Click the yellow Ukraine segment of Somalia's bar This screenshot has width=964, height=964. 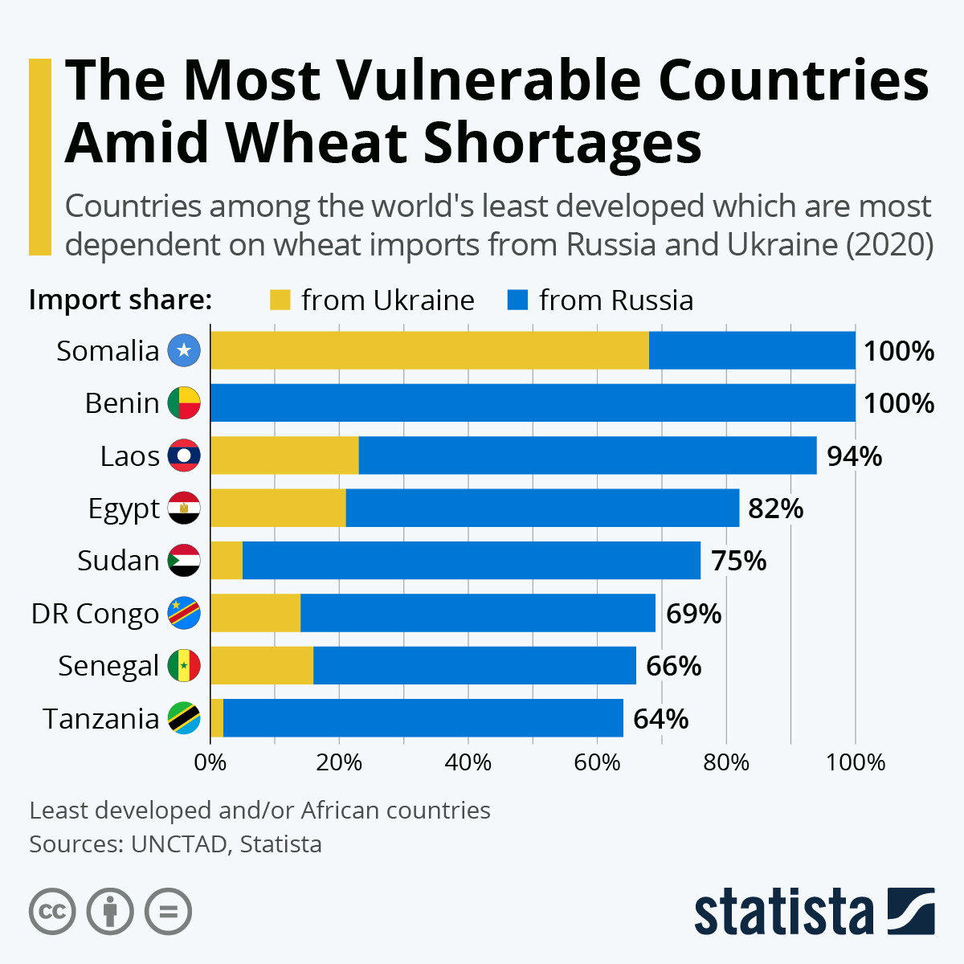coord(429,350)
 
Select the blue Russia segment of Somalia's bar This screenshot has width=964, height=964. coord(752,350)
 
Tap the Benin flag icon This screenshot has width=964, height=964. coord(184,403)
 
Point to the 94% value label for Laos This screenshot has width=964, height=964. coord(854,456)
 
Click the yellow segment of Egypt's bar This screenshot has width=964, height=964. coord(278,508)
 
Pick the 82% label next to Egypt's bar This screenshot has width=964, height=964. coord(775,509)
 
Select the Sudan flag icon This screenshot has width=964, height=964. coord(184,560)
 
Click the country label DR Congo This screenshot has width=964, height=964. coord(95,614)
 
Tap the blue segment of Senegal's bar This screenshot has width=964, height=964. coord(474,665)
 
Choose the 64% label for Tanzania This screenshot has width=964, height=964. coord(660,719)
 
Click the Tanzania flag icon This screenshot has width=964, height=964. coord(184,718)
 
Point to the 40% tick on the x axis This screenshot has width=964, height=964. coord(468,762)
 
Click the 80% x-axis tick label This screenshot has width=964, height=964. coord(726,762)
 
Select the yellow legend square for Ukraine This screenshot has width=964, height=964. coord(280,300)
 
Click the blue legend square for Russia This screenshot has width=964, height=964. coord(517,300)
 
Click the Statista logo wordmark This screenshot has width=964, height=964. coord(783,913)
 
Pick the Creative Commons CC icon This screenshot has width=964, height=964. coord(52,913)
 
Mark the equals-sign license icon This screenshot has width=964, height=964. coord(168,913)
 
